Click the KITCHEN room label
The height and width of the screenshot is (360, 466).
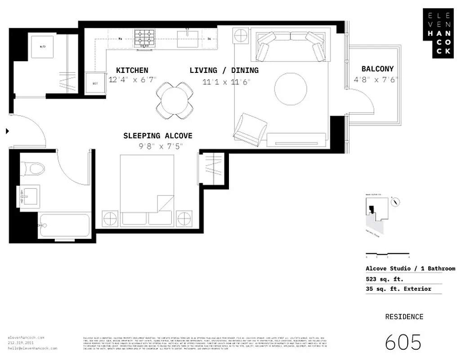(x=132, y=70)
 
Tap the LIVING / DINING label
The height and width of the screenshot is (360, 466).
(x=224, y=70)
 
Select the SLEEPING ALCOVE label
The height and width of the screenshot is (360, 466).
(x=157, y=136)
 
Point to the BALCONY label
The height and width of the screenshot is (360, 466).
(x=377, y=69)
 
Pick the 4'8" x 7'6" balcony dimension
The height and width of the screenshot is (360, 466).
(x=376, y=79)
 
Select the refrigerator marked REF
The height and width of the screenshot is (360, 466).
(x=95, y=83)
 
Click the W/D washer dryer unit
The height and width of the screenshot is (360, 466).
(x=43, y=46)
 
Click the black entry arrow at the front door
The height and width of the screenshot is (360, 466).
(x=7, y=131)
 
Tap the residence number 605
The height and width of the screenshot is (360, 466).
(x=403, y=342)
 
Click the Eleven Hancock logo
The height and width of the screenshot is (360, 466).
(x=439, y=33)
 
